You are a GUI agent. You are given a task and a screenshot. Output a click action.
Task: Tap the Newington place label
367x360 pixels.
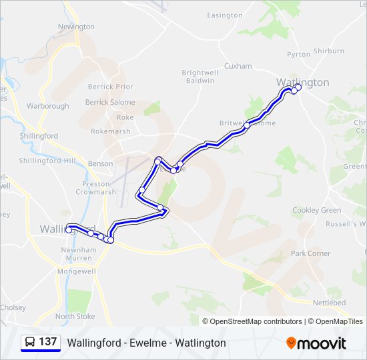[x=76, y=27]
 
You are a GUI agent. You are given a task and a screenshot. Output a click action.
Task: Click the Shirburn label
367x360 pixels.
[x=328, y=51]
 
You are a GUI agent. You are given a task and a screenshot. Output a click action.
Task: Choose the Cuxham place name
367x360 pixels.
[x=238, y=66]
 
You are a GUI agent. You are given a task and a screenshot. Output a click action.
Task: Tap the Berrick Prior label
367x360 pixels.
[x=111, y=87]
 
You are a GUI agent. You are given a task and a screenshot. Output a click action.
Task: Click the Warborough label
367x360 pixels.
[x=47, y=106]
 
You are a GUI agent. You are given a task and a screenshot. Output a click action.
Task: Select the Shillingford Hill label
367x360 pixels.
[x=47, y=161]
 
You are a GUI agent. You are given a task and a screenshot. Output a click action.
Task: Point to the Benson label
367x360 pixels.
[x=101, y=163]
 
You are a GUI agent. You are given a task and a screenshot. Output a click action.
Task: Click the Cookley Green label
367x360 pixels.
[x=316, y=210]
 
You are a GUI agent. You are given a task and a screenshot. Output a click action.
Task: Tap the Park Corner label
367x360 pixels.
[x=310, y=253]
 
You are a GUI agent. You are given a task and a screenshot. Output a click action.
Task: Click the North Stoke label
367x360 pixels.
[x=75, y=317]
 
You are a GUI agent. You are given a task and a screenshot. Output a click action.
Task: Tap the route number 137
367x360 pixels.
[x=48, y=342]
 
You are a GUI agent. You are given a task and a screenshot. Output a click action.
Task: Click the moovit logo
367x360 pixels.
[x=316, y=343]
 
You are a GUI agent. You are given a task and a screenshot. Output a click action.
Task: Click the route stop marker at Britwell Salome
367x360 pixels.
[x=247, y=125]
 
